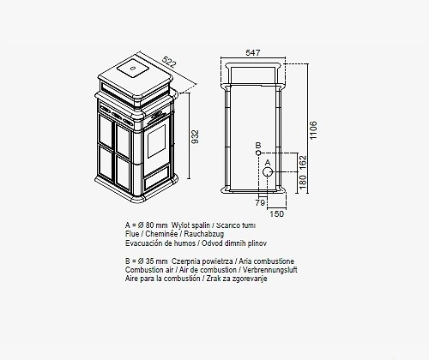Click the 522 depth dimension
click(168, 62)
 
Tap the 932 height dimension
click(195, 137)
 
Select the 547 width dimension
click(253, 53)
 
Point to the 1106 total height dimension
click(314, 130)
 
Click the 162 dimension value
click(303, 162)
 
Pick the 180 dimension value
click(303, 183)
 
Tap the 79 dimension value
click(260, 203)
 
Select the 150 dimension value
click(276, 213)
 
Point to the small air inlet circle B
click(258, 153)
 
